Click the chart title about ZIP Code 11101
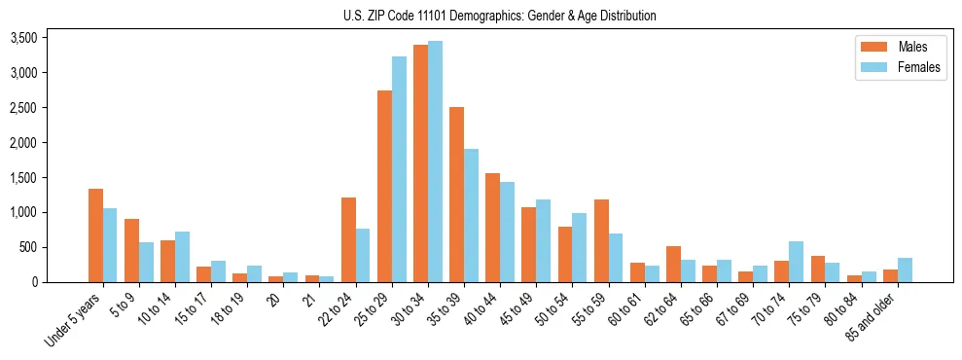point(500,16)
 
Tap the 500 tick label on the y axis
point(29,248)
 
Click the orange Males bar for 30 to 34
point(420,163)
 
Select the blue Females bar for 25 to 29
point(399,169)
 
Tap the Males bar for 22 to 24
point(348,240)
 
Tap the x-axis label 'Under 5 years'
point(74,319)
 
